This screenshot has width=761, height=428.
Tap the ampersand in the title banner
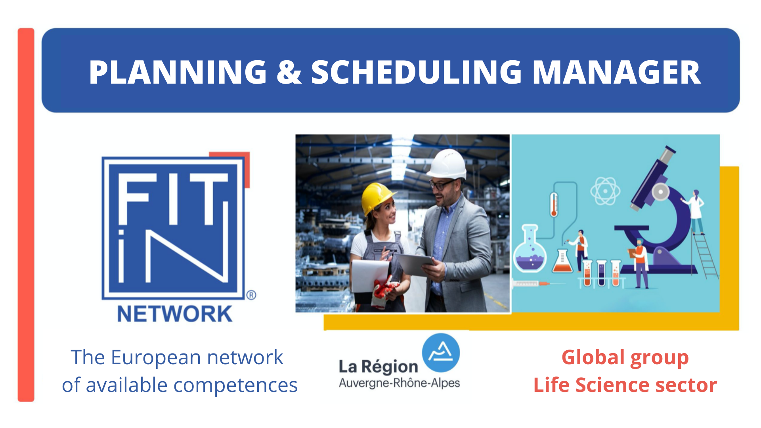pyautogui.click(x=289, y=72)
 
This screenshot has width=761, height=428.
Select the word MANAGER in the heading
pyautogui.click(x=617, y=72)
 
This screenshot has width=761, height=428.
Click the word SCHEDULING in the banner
pyautogui.click(x=417, y=72)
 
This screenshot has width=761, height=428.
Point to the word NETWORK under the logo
pyautogui.click(x=175, y=314)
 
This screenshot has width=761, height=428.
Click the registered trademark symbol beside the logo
pyautogui.click(x=251, y=295)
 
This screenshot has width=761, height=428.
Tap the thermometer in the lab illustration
pyautogui.click(x=554, y=204)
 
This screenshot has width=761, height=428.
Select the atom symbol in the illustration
pyautogui.click(x=605, y=191)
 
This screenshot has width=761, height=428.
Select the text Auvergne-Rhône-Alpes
pyautogui.click(x=400, y=383)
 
